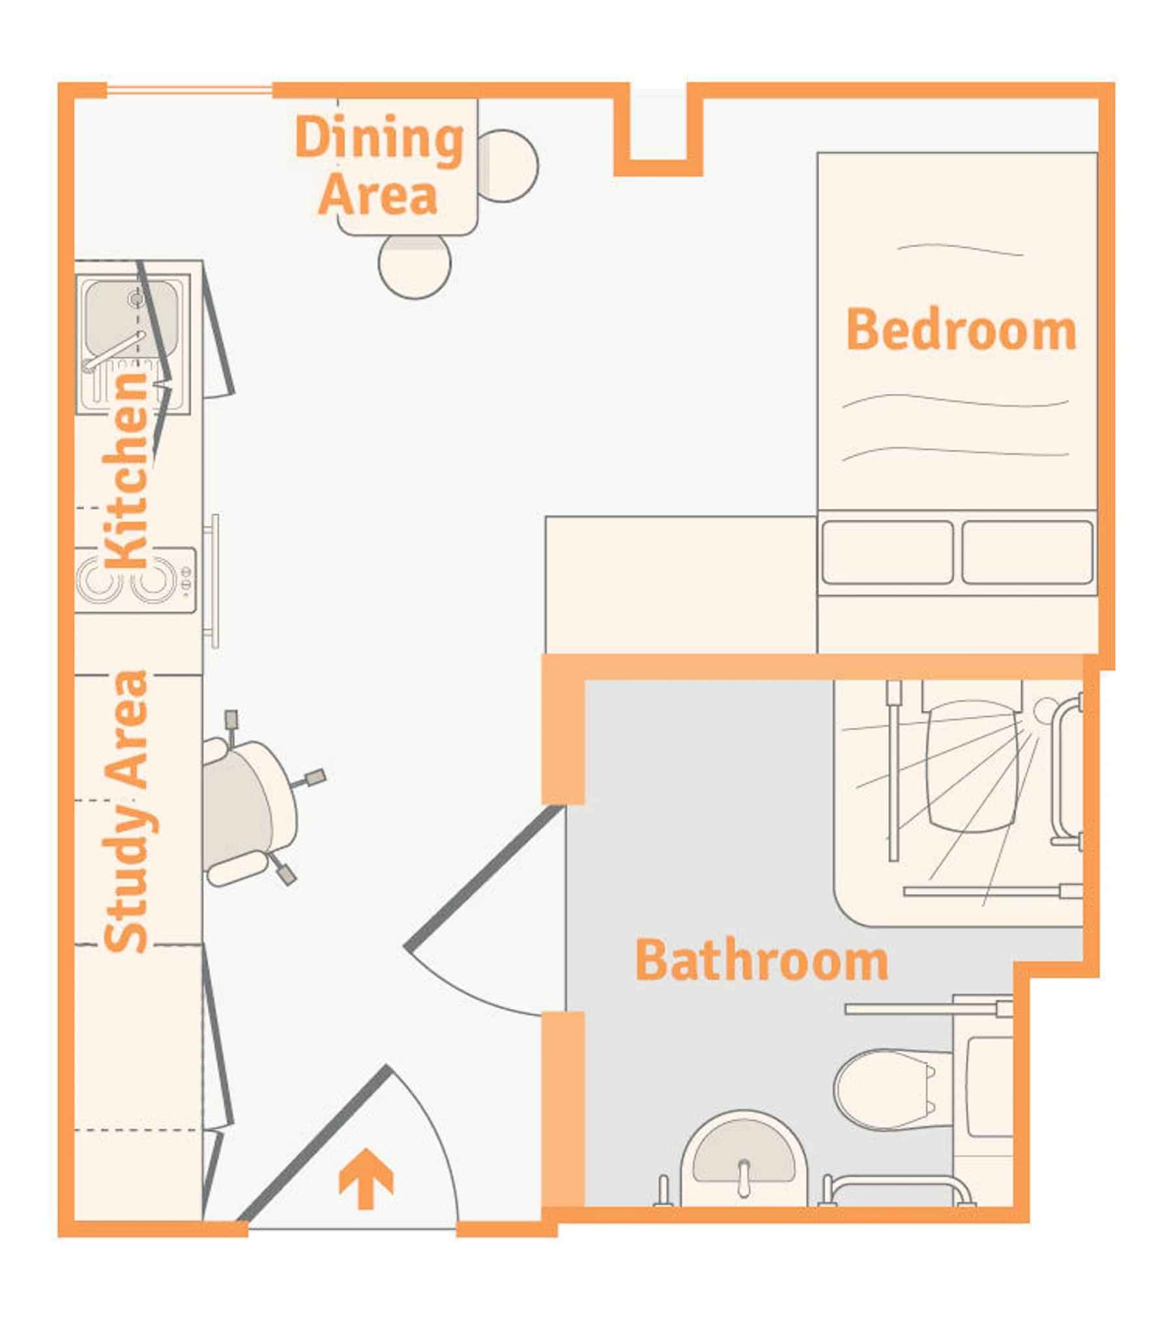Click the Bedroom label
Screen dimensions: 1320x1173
pos(961,330)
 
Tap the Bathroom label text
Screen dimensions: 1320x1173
pos(761,961)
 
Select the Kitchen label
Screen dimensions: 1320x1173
pos(126,469)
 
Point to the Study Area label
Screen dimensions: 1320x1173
pos(126,811)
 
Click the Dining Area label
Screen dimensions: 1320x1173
pos(379,165)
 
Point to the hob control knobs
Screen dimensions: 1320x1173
pos(186,580)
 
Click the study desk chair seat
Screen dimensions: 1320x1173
pos(244,801)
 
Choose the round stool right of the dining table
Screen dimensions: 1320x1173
pos(508,165)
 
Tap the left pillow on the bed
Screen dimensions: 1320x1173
pos(886,552)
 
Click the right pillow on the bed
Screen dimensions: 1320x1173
pos(1027,552)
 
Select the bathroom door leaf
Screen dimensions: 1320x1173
pos(484,877)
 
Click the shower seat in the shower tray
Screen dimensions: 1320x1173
pos(972,766)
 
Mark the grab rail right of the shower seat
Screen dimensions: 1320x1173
pos(1066,773)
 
